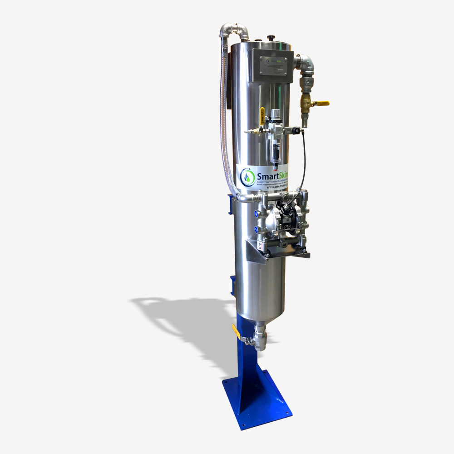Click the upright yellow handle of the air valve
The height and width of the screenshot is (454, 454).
262,113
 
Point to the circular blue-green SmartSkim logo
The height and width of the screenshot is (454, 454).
247,176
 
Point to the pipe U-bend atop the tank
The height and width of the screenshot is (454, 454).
234,31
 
